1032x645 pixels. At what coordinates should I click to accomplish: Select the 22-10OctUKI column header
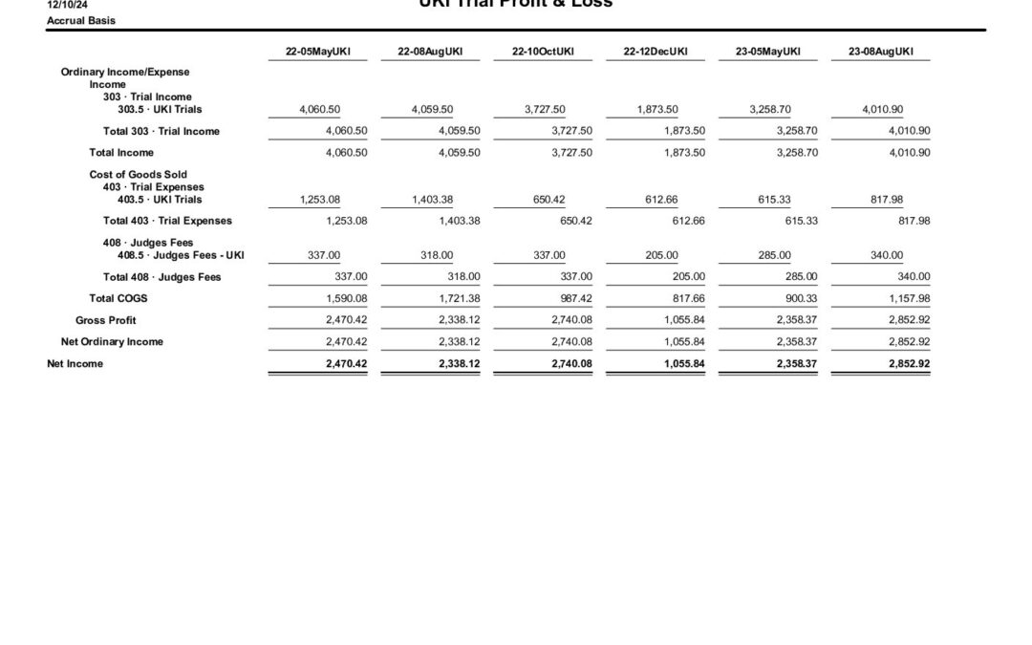pyautogui.click(x=544, y=52)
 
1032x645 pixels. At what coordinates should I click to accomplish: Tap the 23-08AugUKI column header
pyautogui.click(x=880, y=52)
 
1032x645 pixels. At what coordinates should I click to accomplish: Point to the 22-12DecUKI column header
pyautogui.click(x=656, y=52)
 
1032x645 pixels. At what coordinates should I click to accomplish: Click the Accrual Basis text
pyautogui.click(x=81, y=20)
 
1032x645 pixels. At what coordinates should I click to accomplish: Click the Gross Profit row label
pyautogui.click(x=106, y=320)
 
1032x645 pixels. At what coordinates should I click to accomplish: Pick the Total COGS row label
pyautogui.click(x=118, y=298)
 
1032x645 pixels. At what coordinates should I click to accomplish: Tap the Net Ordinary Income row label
pyautogui.click(x=112, y=342)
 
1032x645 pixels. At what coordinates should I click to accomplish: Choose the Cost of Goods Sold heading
pyautogui.click(x=139, y=175)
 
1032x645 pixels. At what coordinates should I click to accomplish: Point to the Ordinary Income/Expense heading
pyautogui.click(x=125, y=72)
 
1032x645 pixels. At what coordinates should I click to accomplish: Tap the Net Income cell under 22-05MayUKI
pyautogui.click(x=347, y=364)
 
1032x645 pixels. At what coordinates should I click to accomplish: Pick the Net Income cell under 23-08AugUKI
pyautogui.click(x=909, y=364)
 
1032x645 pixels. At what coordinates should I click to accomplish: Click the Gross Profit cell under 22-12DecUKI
pyautogui.click(x=684, y=320)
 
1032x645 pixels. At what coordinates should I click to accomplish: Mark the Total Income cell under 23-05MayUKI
pyautogui.click(x=797, y=153)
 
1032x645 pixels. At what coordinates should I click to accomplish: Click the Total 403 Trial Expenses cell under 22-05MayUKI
pyautogui.click(x=347, y=221)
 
